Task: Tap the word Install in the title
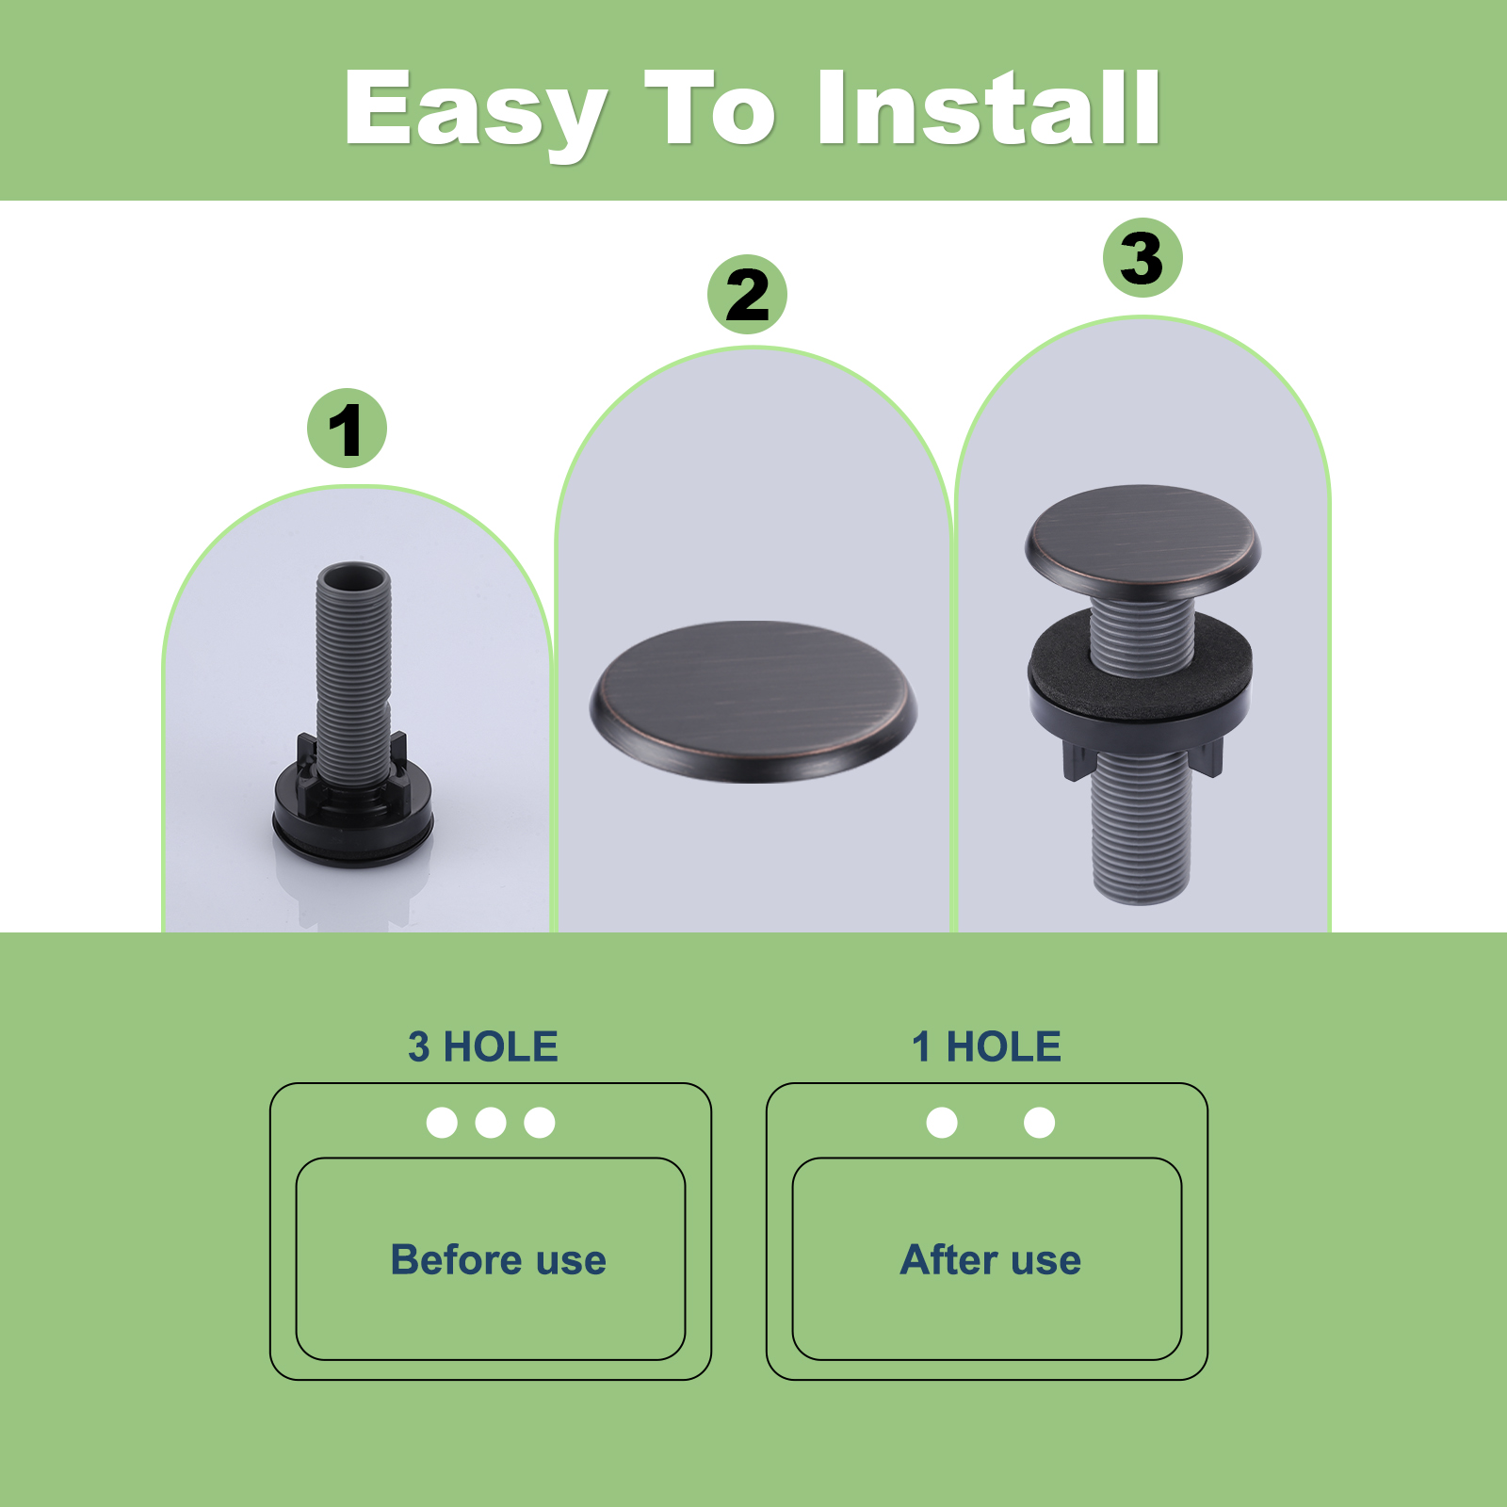coord(989,107)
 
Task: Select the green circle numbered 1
coord(347,429)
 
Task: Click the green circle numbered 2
coord(747,294)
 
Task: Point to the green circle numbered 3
coord(1142,258)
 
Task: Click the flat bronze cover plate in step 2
coord(753,701)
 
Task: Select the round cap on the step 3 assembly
coord(1142,542)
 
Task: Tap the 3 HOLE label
coord(483,1047)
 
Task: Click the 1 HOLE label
coord(986,1047)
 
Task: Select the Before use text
coord(498,1260)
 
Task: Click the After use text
coord(991,1260)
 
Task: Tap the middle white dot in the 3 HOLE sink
coord(491,1123)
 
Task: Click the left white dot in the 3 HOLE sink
coord(442,1123)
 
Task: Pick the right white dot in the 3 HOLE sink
coord(540,1123)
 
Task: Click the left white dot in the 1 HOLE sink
coord(942,1123)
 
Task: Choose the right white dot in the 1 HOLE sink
coord(1039,1123)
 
